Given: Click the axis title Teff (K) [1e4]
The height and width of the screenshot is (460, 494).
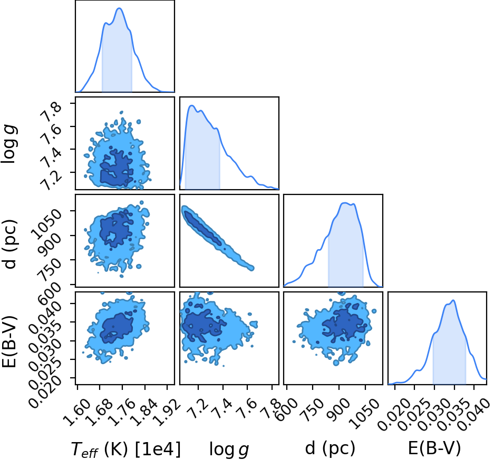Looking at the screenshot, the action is coord(126,449).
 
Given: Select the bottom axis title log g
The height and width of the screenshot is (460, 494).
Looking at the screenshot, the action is coord(229,449).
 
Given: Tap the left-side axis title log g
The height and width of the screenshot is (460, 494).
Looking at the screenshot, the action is coord(9,143).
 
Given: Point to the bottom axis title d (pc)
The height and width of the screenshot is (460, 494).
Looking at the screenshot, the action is coord(330,448).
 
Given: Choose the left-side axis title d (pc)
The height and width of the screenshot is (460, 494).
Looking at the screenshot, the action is coord(10,241).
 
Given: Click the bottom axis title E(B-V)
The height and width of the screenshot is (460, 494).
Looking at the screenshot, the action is coord(434,448).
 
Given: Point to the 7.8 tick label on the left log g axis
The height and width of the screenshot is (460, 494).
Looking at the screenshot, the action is coord(48,112).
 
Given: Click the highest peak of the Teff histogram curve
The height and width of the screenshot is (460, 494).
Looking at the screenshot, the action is coord(119,8).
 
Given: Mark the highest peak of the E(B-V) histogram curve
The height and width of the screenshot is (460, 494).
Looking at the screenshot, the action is coord(453,300).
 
